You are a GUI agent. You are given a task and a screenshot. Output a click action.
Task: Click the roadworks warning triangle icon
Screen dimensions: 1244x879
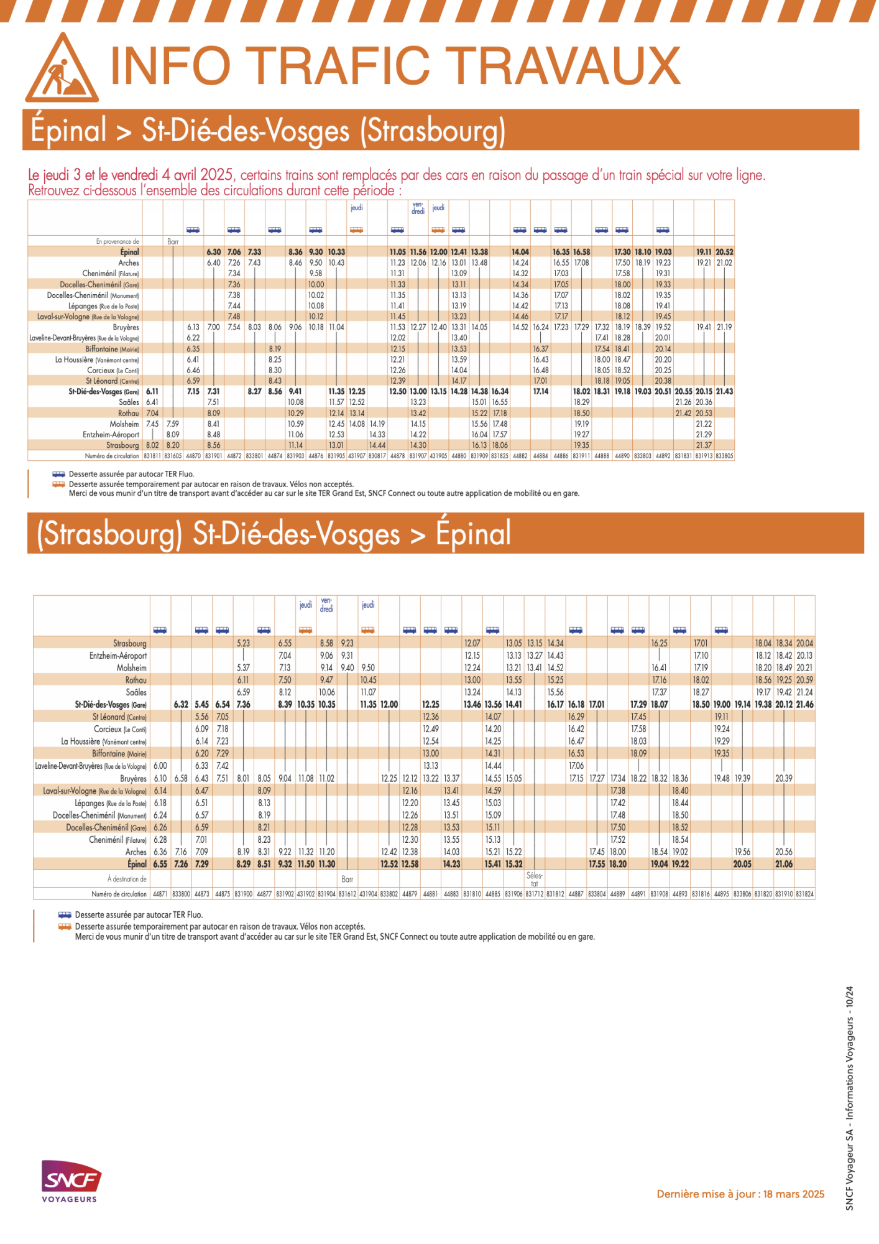coord(62,70)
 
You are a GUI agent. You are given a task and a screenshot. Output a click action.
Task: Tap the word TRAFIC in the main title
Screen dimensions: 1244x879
coord(341,66)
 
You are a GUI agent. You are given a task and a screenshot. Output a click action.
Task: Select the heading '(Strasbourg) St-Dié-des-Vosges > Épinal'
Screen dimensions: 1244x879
coord(274,534)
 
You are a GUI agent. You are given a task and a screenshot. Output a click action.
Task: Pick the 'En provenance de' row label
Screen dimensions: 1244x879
coord(117,241)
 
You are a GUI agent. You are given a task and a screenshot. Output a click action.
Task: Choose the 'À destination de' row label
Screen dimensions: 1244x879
coord(127,879)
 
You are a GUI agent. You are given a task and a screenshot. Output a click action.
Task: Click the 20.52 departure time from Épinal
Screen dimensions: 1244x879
coord(724,252)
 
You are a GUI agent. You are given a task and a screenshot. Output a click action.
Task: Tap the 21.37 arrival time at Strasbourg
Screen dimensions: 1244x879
coord(704,445)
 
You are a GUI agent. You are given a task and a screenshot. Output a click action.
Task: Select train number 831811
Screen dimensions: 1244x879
coord(152,456)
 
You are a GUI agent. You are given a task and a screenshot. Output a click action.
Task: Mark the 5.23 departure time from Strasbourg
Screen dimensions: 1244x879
coord(243,643)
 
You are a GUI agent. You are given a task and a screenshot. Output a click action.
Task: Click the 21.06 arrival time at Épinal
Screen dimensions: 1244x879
coord(784,864)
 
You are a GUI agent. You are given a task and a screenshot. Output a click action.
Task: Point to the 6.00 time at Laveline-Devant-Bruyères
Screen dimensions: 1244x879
coord(160,766)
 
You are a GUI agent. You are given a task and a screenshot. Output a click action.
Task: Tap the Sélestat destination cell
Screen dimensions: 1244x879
coord(534,879)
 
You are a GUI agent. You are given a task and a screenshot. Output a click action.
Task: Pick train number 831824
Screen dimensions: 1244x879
coord(804,894)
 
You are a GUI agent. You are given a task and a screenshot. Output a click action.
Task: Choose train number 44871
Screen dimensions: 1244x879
coord(160,894)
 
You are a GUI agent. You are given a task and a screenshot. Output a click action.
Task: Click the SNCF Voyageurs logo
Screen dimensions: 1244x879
coord(70,1181)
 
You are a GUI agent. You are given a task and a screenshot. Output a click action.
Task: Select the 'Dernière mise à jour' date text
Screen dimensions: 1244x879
coord(740,1194)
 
